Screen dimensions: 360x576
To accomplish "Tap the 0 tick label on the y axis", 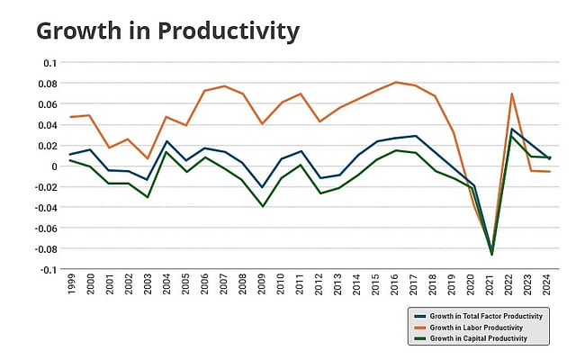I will [x=53, y=166].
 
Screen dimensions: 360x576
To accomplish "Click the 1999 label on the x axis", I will [x=71, y=287].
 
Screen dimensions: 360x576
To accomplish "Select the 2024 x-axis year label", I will [x=546, y=287].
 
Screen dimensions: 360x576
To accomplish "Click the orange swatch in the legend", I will [x=419, y=328].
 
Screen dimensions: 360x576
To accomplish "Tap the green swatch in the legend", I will [x=419, y=338].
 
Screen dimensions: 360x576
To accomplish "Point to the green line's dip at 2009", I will [x=262, y=206].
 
